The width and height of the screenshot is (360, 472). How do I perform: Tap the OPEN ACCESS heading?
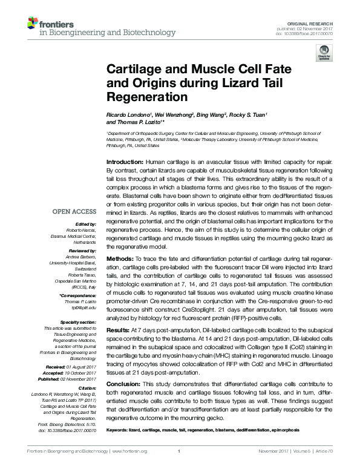[x=74, y=211]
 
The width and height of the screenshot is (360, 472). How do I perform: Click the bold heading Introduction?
[x=125, y=163]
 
